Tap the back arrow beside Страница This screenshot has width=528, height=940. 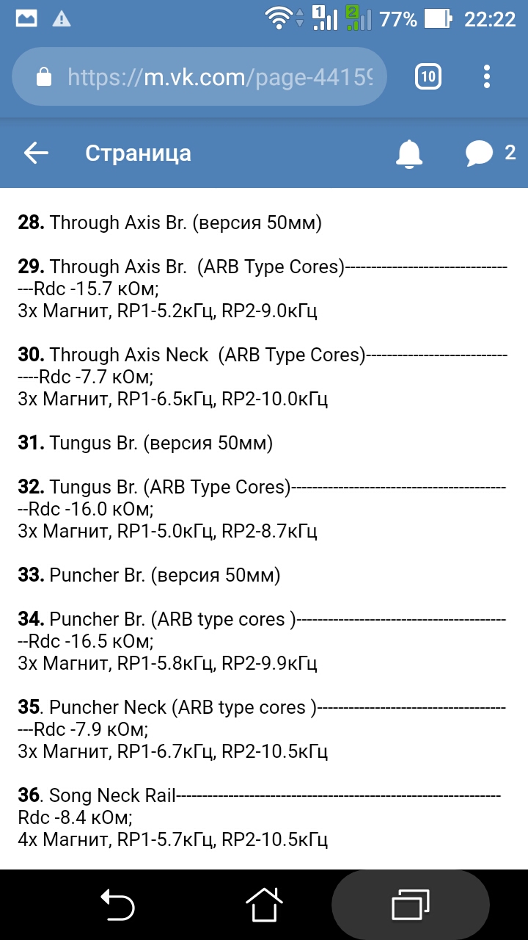[36, 153]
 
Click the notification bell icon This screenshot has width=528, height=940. [409, 153]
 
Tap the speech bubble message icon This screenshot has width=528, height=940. [479, 153]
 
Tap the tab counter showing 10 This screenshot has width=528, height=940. [428, 76]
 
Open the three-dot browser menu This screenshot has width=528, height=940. [488, 76]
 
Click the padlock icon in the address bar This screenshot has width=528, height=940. [44, 77]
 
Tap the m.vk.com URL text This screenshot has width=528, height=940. [220, 77]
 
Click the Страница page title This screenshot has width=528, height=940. [138, 153]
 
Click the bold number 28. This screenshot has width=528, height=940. [32, 223]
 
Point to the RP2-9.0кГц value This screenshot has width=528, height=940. [269, 311]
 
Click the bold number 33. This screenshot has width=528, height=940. [32, 575]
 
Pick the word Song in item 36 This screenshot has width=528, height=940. [70, 795]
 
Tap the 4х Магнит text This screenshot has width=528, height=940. [64, 839]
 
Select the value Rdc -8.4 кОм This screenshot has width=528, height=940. [74, 817]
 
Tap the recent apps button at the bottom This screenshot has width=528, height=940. [410, 905]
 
